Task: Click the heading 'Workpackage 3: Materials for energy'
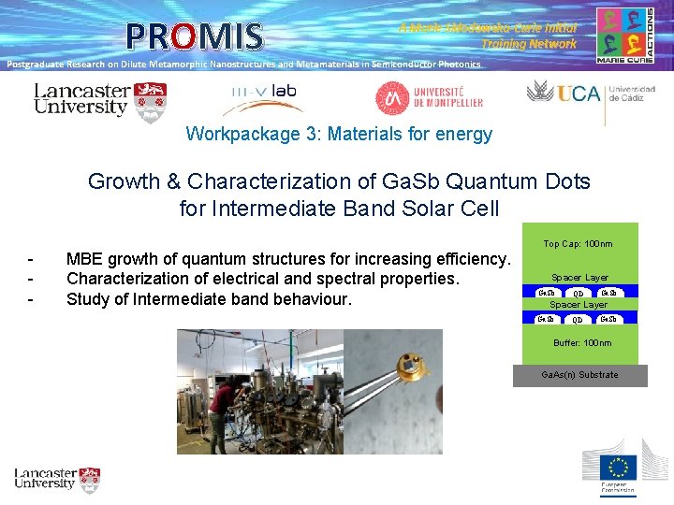339,134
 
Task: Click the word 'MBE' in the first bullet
85,259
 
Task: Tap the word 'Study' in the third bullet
89,300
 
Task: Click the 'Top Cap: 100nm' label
578,245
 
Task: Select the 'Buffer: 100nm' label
581,343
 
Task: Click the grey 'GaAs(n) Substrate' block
579,375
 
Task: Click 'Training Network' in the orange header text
529,44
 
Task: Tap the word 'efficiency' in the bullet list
472,259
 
